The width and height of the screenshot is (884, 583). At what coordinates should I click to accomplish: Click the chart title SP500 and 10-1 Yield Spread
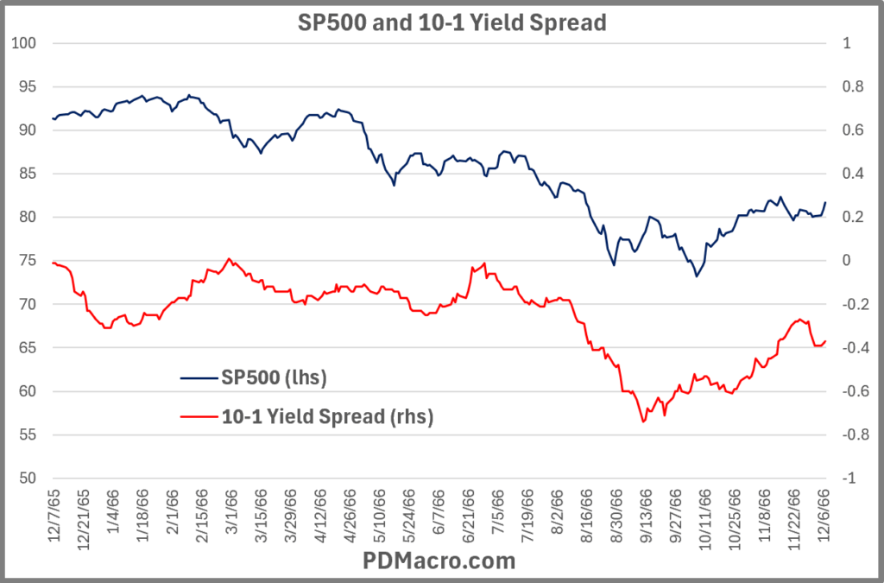click(441, 22)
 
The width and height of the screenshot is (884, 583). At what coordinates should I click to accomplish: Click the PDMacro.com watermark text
click(441, 561)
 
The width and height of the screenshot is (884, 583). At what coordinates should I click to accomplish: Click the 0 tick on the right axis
click(847, 261)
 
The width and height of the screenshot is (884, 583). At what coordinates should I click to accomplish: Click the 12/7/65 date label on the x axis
click(54, 514)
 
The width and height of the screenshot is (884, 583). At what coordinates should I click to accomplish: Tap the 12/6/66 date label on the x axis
click(821, 514)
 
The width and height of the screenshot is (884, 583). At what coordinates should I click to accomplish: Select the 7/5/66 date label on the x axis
click(498, 514)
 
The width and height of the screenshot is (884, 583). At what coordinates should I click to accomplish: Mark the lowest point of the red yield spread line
click(643, 421)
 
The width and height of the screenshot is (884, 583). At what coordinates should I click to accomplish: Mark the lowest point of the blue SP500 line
click(696, 276)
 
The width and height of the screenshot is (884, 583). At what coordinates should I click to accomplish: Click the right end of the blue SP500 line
click(825, 202)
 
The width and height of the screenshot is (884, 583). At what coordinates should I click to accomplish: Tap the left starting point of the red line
click(53, 263)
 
